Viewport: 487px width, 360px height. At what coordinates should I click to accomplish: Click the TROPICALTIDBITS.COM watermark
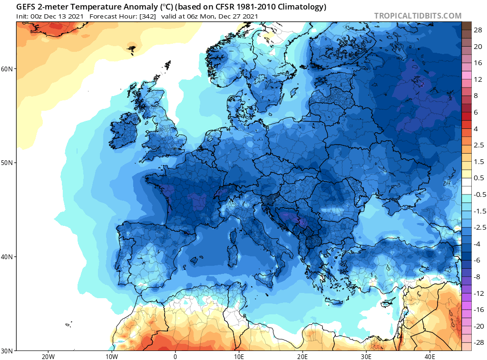418,16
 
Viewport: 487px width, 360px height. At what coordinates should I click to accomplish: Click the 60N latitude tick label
7,68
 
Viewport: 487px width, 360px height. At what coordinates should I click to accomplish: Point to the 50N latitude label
7,163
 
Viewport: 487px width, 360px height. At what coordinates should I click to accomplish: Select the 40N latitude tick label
7,257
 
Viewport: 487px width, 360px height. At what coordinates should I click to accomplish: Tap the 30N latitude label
7,351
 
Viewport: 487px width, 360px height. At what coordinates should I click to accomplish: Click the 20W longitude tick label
48,357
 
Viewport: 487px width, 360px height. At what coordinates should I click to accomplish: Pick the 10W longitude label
112,357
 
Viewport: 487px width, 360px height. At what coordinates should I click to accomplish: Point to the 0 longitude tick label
175,357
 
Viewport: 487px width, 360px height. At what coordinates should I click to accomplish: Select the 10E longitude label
239,357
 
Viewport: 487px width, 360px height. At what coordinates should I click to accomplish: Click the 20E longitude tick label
302,357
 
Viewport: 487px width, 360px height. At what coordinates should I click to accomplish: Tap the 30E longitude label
366,357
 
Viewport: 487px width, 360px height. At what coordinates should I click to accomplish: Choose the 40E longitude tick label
430,357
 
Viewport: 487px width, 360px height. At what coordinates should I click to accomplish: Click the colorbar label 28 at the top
478,30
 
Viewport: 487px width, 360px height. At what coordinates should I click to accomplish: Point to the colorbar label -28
478,342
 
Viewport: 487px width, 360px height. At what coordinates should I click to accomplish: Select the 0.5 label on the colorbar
479,178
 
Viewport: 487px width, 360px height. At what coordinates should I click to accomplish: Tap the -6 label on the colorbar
477,260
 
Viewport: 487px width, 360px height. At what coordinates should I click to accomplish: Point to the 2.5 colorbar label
479,145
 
